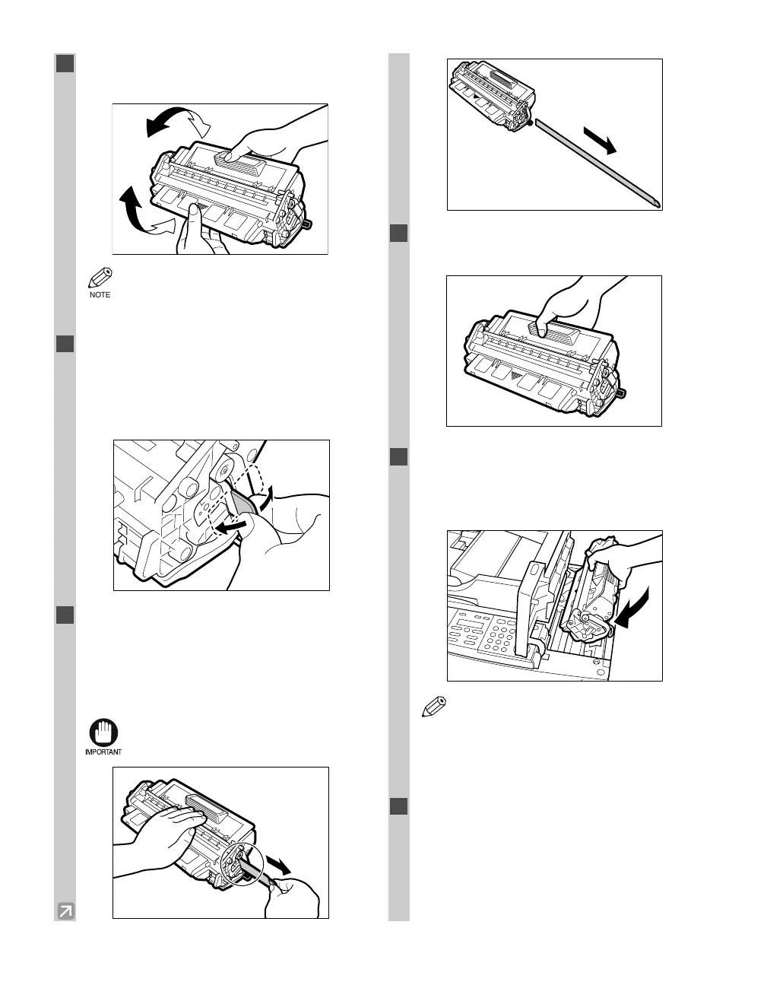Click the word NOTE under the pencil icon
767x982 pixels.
pyautogui.click(x=100, y=295)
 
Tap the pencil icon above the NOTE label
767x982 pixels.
pyautogui.click(x=100, y=278)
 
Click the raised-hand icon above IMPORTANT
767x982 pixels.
pyautogui.click(x=101, y=733)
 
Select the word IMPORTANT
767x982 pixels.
pyautogui.click(x=102, y=752)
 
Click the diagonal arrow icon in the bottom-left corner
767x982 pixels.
pyautogui.click(x=65, y=910)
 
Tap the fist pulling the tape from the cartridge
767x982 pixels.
pyautogui.click(x=296, y=898)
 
